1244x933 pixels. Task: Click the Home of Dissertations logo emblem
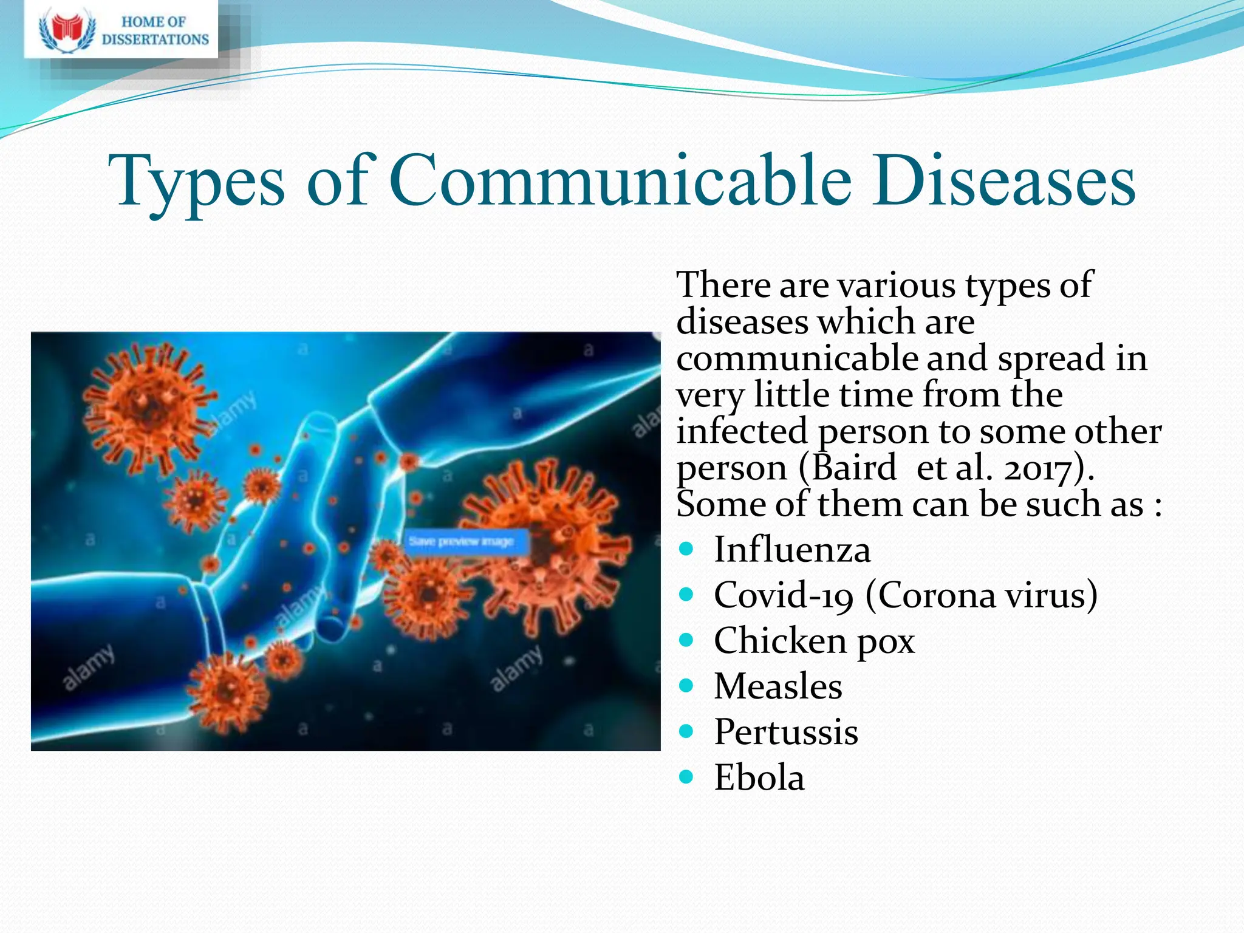(67, 30)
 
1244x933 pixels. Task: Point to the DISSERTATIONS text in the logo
(155, 39)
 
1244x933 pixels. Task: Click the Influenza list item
(791, 550)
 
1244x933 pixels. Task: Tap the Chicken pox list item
(814, 641)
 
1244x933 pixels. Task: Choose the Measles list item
(777, 686)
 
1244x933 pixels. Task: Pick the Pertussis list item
(785, 732)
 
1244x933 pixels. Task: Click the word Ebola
(759, 777)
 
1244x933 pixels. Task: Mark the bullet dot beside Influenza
(686, 549)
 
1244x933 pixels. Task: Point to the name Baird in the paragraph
(853, 468)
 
